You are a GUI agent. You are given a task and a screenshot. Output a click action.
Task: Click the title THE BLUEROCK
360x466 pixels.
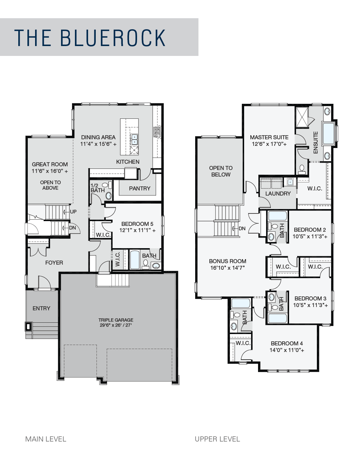point(90,38)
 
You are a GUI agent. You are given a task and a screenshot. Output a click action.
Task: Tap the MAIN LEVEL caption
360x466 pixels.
point(46,439)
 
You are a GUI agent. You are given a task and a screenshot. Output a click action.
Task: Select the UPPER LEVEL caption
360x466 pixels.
point(217,439)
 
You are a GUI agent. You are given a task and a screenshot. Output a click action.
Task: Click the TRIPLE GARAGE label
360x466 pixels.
point(116,320)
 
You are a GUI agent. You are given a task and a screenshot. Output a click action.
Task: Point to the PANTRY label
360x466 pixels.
point(140,188)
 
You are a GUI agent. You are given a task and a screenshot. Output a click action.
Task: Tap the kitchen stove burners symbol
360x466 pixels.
point(157,132)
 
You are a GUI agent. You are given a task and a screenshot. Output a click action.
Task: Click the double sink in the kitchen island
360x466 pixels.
point(134,139)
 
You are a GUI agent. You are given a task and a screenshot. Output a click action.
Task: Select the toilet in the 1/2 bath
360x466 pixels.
point(107,185)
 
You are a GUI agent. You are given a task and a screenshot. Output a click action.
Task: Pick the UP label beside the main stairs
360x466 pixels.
point(73,212)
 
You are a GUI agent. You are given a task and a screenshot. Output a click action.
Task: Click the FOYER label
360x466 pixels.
point(54,262)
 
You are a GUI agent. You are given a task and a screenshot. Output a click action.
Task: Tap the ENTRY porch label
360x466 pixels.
point(41,308)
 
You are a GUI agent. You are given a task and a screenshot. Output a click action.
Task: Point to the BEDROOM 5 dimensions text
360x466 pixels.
point(137,230)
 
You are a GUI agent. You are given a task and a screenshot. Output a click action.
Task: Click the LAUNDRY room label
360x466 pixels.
point(278,193)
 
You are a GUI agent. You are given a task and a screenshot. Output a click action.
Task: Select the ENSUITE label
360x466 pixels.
point(315,143)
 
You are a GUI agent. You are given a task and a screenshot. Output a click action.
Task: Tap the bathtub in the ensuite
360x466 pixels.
point(329,133)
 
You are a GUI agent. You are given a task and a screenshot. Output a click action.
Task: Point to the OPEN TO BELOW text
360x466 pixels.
point(221,171)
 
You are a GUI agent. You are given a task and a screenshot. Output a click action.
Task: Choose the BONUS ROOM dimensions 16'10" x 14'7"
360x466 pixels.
point(227,268)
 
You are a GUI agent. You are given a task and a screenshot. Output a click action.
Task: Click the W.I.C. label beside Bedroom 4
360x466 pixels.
point(243,343)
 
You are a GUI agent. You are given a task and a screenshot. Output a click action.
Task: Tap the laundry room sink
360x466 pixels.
point(290,182)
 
